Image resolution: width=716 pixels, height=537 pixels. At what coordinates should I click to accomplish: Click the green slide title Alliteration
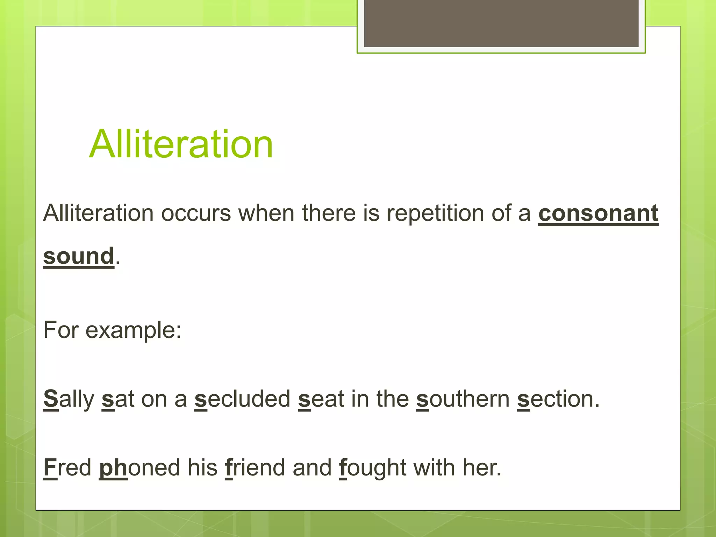click(x=181, y=144)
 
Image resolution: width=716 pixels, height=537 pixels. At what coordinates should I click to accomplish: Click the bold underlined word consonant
click(x=598, y=213)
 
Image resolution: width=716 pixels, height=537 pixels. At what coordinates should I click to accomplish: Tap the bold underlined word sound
click(x=79, y=256)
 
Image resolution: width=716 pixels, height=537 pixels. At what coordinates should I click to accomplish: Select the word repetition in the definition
click(x=435, y=213)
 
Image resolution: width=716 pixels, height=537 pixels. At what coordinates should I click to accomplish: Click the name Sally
click(x=69, y=399)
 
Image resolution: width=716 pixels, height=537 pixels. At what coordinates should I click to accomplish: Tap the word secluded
click(x=242, y=399)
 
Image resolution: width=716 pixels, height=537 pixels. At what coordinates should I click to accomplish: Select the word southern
click(x=463, y=399)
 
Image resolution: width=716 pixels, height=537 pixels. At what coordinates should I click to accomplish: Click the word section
click(x=558, y=399)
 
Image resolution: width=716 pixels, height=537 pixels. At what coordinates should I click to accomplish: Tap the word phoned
click(x=139, y=467)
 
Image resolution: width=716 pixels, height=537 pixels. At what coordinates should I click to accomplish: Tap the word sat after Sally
click(x=118, y=399)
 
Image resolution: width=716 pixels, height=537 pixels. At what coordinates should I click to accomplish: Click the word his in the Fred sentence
click(x=202, y=467)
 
